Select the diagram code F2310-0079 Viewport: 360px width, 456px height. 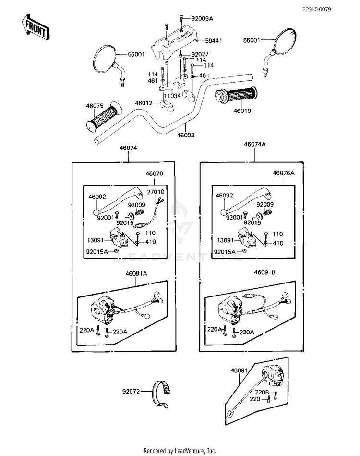316,9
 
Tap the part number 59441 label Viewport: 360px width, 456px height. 214,41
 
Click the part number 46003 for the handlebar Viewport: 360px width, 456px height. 186,135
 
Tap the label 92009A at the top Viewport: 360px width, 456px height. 202,19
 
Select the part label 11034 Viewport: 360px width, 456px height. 172,96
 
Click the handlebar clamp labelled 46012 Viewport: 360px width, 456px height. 168,105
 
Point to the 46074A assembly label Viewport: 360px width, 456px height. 255,144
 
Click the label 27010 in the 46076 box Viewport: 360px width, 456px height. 156,192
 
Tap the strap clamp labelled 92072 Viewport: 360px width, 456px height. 161,394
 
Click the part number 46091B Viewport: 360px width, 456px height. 264,272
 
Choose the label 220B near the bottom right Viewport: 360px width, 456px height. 262,392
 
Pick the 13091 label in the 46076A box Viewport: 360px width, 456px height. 226,240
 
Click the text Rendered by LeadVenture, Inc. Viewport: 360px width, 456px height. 180,451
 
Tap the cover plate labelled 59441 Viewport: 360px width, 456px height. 173,42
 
